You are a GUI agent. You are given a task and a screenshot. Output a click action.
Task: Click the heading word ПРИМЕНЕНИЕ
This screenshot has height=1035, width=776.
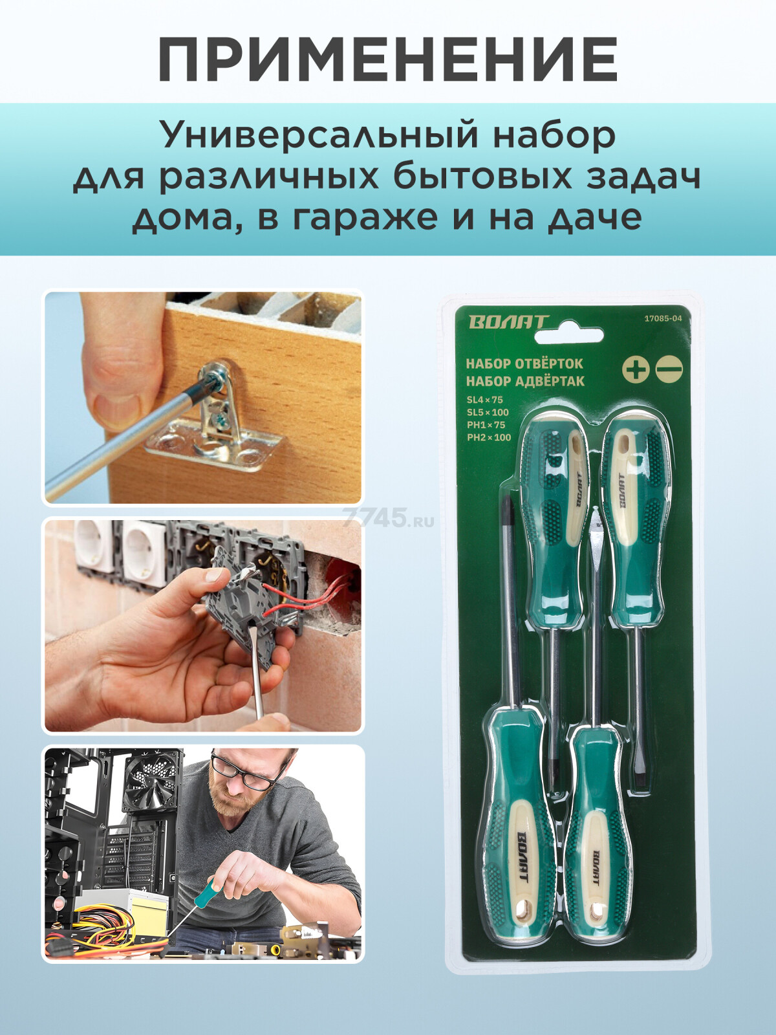387,60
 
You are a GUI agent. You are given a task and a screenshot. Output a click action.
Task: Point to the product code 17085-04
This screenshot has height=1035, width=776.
663,318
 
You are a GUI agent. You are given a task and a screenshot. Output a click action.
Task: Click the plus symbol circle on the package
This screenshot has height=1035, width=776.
636,369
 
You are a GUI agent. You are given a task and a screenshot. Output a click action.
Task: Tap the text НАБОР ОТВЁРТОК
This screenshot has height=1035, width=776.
524,364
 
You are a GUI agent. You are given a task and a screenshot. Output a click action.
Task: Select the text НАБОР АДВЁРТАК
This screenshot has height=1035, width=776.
525,381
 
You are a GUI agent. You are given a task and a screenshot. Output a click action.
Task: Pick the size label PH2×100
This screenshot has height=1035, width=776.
489,437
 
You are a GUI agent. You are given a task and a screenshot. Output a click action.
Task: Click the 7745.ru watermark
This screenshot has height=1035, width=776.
388,518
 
